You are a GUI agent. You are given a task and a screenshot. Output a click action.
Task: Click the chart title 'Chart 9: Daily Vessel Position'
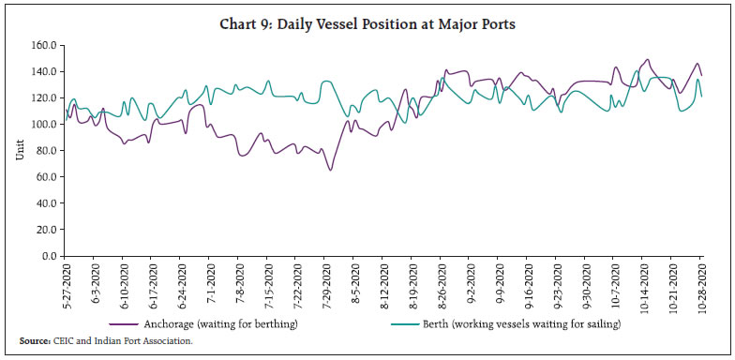pyautogui.click(x=367, y=24)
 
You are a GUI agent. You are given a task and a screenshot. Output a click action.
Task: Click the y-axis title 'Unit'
pyautogui.click(x=20, y=150)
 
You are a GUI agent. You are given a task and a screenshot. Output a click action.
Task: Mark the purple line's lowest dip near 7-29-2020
pyautogui.click(x=330, y=170)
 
